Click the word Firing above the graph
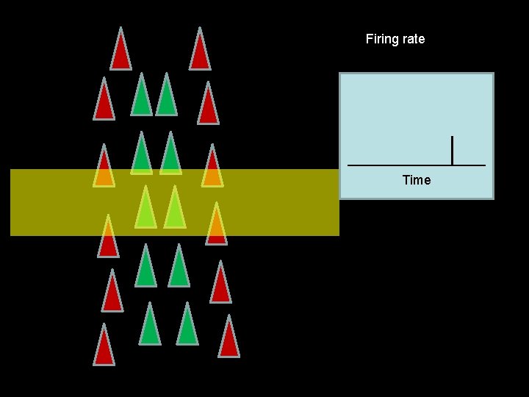click(x=381, y=39)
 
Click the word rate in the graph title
click(x=412, y=39)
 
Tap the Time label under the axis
click(x=417, y=180)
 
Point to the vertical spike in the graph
click(x=452, y=150)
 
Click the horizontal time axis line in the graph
click(x=397, y=165)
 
